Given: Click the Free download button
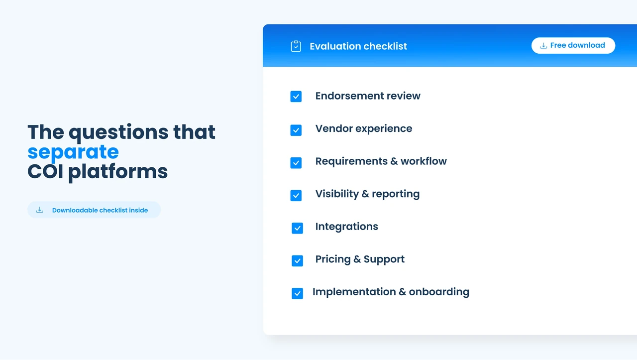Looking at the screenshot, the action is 573,45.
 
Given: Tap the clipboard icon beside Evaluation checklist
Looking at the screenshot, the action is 296,46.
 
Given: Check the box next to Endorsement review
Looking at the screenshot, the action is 296,97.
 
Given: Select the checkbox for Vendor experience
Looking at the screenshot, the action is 296,130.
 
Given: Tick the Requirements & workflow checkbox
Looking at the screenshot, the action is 296,163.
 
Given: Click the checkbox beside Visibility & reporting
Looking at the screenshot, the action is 296,196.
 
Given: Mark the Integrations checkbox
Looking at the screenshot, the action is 297,228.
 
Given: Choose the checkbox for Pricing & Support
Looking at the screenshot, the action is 297,261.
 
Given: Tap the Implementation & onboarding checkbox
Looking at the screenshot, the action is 297,293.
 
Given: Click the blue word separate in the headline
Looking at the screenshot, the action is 73,152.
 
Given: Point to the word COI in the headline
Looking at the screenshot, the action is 45,171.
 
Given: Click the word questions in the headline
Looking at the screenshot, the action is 118,133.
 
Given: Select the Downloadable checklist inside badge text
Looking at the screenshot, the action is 100,210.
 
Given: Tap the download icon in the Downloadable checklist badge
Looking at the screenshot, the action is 40,210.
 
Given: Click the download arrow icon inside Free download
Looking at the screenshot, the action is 543,45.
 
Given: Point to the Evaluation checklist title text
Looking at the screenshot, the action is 358,46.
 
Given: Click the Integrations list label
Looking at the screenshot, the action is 347,227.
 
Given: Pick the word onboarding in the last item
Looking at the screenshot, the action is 439,292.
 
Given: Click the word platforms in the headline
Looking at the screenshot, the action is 118,172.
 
